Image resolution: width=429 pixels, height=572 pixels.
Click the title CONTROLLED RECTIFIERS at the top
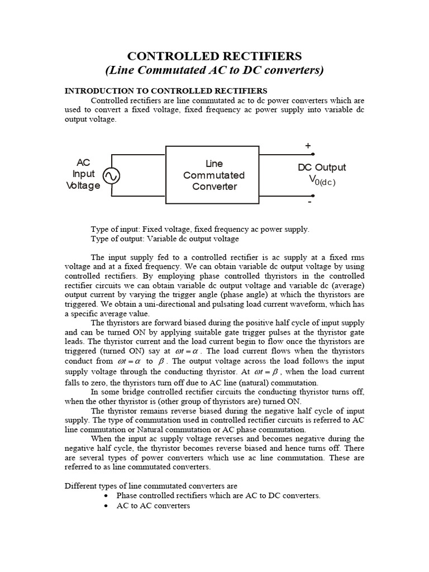pos(214,56)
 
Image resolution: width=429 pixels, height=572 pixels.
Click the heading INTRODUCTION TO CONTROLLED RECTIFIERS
pos(166,90)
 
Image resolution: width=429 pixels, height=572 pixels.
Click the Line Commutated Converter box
pos(212,175)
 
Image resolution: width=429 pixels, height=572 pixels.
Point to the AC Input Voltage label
pos(83,174)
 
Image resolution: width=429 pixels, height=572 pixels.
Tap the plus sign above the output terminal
pos(308,145)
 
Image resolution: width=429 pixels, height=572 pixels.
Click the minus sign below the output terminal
pos(309,202)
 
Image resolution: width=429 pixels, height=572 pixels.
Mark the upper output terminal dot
pos(313,154)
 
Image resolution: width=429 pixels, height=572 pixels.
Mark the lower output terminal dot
pos(313,196)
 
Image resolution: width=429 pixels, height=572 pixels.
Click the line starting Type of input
pos(200,229)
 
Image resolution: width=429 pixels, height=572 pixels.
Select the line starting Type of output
pos(165,239)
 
